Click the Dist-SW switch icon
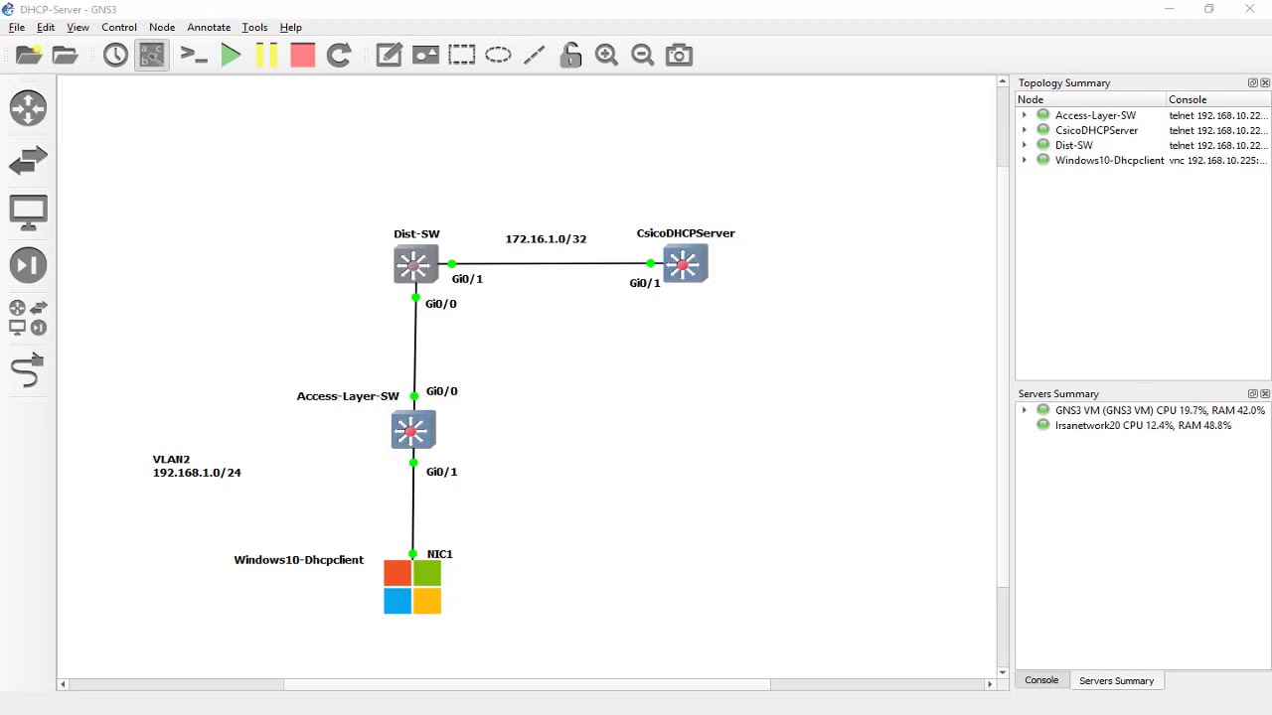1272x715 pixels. pyautogui.click(x=414, y=264)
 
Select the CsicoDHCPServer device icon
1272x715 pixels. pyautogui.click(x=685, y=264)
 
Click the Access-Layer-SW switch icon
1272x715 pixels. pyautogui.click(x=412, y=430)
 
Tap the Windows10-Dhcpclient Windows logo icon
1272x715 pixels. pyautogui.click(x=412, y=587)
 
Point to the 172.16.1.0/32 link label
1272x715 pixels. pyautogui.click(x=546, y=239)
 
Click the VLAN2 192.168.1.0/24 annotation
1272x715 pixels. pyautogui.click(x=197, y=467)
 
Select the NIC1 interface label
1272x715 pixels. pyautogui.click(x=439, y=554)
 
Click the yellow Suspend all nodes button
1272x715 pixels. pyautogui.click(x=266, y=56)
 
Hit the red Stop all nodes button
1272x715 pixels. pyautogui.click(x=302, y=56)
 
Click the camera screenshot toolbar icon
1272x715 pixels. pyautogui.click(x=679, y=56)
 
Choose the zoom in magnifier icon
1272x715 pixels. pyautogui.click(x=606, y=56)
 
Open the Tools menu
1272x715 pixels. pyautogui.click(x=254, y=28)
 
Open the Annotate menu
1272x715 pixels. pyautogui.click(x=209, y=28)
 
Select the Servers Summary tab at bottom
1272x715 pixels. pyautogui.click(x=1116, y=681)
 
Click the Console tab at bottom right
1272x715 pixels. pyautogui.click(x=1041, y=680)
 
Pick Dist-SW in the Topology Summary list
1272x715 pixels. pyautogui.click(x=1073, y=145)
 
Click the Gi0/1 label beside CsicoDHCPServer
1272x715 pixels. pyautogui.click(x=645, y=283)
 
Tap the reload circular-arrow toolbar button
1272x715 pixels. pyautogui.click(x=339, y=56)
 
